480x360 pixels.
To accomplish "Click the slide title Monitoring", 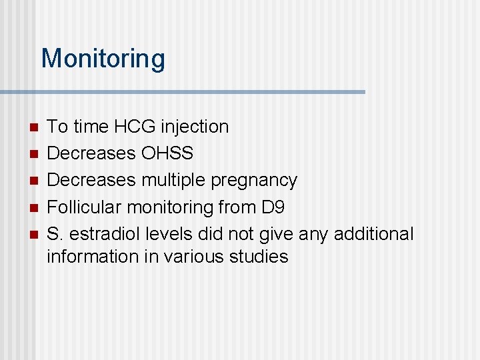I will pos(103,59).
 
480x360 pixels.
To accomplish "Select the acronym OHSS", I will pos(167,153).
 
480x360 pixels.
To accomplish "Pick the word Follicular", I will pos(85,207).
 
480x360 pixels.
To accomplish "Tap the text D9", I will pos(273,207).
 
